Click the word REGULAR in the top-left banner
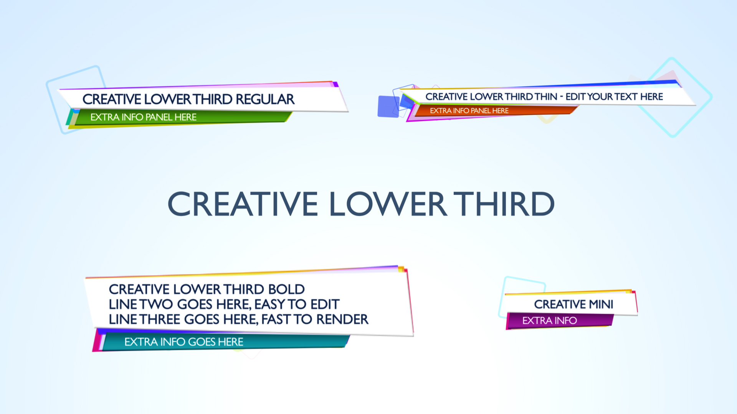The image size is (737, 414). (x=265, y=99)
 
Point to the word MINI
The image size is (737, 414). (x=601, y=304)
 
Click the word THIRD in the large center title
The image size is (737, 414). (x=504, y=204)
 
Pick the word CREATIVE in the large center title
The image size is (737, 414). (x=243, y=204)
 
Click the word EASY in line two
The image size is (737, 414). (x=269, y=304)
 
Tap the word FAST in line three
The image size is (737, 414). (x=276, y=319)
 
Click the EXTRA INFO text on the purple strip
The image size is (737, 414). (x=550, y=320)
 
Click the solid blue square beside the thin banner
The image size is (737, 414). (x=388, y=107)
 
